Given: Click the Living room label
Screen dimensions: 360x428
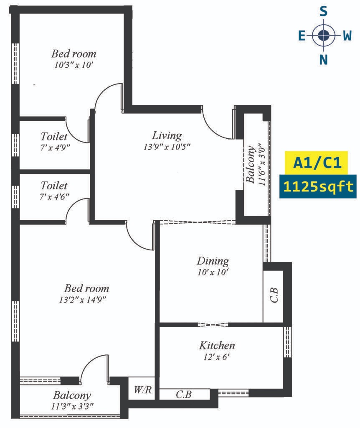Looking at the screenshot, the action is pyautogui.click(x=167, y=135).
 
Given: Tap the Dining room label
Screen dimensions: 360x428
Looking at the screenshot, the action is pyautogui.click(x=213, y=261).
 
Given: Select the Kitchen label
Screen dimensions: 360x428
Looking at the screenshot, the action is pyautogui.click(x=217, y=346).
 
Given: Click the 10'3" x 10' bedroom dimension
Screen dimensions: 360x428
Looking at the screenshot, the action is pyautogui.click(x=74, y=65).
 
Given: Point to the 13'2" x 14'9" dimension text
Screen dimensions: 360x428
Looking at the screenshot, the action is pyautogui.click(x=82, y=300).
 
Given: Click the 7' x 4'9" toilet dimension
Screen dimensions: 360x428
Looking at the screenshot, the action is pyautogui.click(x=55, y=148).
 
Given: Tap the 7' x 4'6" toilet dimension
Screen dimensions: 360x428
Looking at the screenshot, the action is pyautogui.click(x=55, y=196).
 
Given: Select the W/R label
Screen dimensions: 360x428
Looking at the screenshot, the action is pyautogui.click(x=143, y=390).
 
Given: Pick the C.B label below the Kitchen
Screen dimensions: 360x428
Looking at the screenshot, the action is pyautogui.click(x=183, y=394).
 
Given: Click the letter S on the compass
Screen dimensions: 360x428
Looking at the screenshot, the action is pyautogui.click(x=323, y=11).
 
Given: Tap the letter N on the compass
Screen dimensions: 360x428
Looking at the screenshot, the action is pyautogui.click(x=323, y=59).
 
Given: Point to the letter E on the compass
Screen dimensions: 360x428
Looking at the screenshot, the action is pyautogui.click(x=302, y=36).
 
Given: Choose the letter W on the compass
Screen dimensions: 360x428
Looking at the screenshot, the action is pyautogui.click(x=347, y=36).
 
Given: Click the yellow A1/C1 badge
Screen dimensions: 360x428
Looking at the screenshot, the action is pyautogui.click(x=317, y=163).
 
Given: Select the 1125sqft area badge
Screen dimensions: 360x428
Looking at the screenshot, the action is pyautogui.click(x=318, y=187).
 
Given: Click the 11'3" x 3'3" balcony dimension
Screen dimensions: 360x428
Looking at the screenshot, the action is pyautogui.click(x=72, y=406).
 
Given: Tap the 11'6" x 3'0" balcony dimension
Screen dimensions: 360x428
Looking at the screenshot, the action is pyautogui.click(x=262, y=164).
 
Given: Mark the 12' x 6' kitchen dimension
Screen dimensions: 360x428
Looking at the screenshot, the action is pyautogui.click(x=217, y=357).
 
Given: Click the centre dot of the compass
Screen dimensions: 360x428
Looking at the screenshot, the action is pyautogui.click(x=323, y=35).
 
